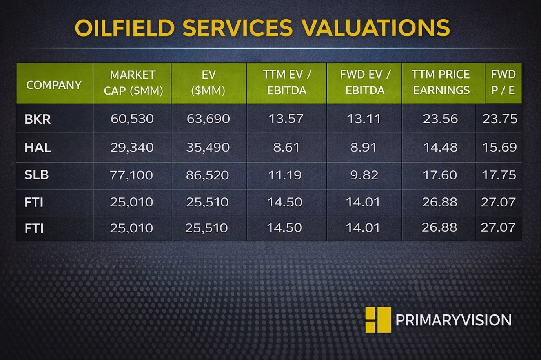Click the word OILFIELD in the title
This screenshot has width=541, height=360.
(x=124, y=28)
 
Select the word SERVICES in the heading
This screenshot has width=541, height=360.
(x=238, y=28)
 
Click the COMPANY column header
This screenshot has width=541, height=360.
(x=54, y=85)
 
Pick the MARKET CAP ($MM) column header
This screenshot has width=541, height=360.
(x=133, y=83)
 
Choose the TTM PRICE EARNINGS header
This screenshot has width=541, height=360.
(x=441, y=82)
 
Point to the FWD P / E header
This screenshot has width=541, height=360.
(x=503, y=82)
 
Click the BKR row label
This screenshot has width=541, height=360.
(x=38, y=119)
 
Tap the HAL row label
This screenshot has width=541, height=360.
(x=38, y=148)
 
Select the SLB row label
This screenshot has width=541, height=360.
(x=36, y=175)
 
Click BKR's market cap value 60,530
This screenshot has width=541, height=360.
(x=132, y=119)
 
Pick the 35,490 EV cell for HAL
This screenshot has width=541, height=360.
(x=208, y=148)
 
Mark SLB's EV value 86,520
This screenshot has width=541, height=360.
(x=208, y=175)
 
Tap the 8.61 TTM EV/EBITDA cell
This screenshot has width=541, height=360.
(x=286, y=148)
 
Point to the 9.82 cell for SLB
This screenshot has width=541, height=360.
(x=364, y=175)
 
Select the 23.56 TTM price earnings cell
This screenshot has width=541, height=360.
(x=440, y=119)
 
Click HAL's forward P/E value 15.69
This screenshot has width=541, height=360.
(x=499, y=148)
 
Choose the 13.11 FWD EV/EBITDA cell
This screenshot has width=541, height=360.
(x=364, y=119)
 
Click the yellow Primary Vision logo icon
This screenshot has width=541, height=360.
(x=378, y=320)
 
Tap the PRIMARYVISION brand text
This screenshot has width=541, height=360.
(x=454, y=320)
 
